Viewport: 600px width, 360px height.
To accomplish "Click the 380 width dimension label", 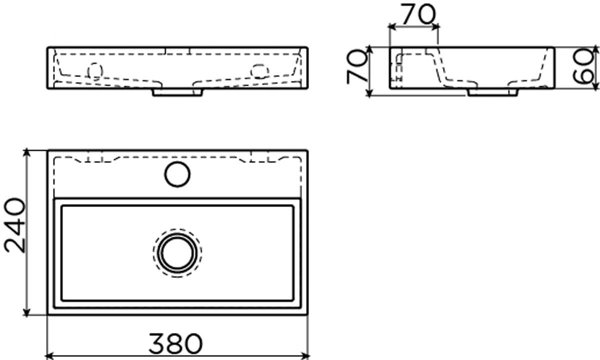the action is coord(175,343).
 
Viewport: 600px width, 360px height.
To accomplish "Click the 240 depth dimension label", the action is coord(14,225).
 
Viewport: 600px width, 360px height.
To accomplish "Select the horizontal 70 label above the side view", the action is coord(418,14).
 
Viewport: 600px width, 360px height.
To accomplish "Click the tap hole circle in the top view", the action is coord(177,174).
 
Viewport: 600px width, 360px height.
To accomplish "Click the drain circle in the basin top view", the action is coord(177,253).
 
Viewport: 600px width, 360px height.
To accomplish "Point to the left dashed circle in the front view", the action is coord(95,71).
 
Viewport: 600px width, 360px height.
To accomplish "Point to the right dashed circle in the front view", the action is coord(260,71).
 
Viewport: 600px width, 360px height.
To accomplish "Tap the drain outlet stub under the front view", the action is coord(177,92).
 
